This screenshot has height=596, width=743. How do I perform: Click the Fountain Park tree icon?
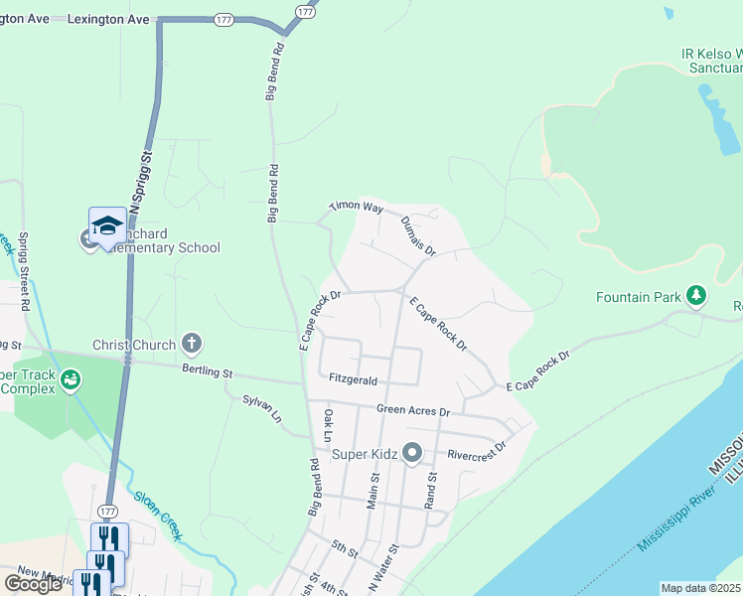(697, 296)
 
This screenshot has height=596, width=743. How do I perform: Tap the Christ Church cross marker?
(192, 345)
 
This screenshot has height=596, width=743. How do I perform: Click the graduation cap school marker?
(106, 225)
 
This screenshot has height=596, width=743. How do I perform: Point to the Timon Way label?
(357, 209)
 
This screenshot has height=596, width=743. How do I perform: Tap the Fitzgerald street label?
(354, 379)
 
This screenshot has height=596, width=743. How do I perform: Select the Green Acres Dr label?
(413, 410)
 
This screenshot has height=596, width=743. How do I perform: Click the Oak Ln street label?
(328, 422)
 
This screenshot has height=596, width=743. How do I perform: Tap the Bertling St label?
(206, 373)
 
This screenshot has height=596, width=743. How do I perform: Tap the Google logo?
(33, 584)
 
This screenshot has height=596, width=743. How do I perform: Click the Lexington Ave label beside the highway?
(109, 20)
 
